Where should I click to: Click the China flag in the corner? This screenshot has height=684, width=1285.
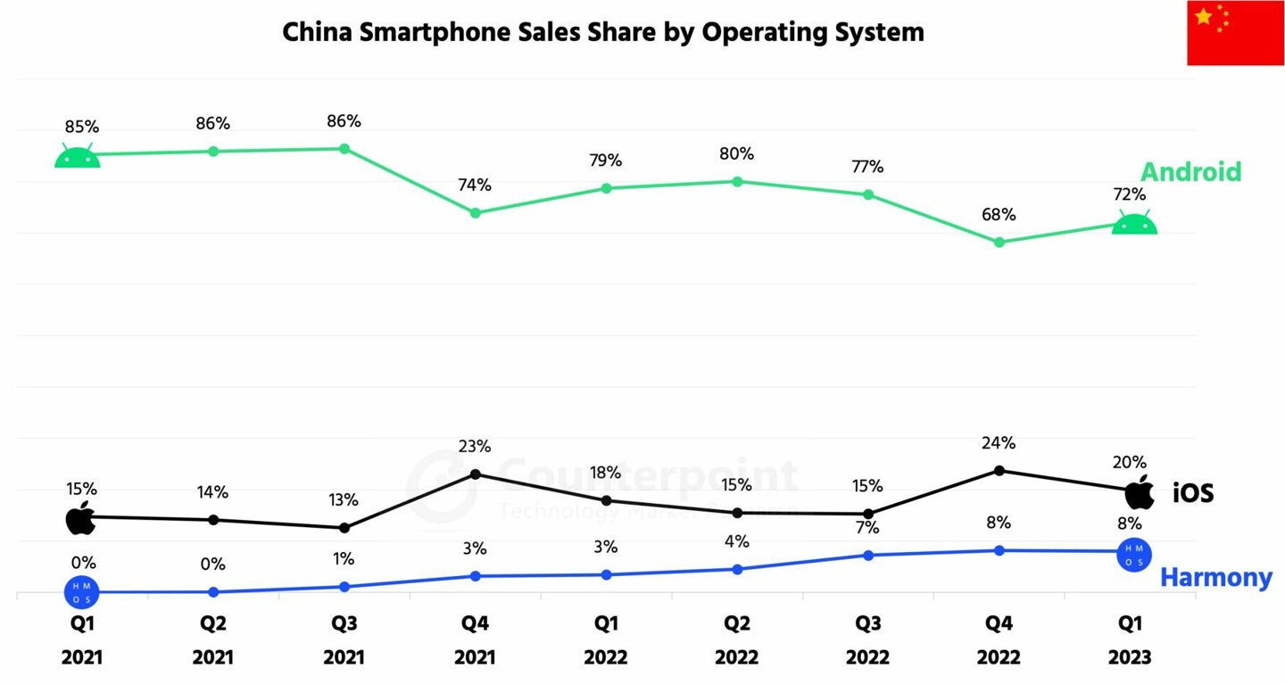point(1235,33)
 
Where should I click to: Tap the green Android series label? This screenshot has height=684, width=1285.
point(1190,171)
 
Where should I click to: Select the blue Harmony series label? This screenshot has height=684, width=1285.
point(1215,578)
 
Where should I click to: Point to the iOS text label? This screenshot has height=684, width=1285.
point(1193,492)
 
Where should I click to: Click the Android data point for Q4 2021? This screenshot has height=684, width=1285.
point(476,213)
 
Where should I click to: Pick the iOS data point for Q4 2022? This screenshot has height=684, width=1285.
point(999,470)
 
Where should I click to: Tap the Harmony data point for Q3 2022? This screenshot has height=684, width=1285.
point(867,555)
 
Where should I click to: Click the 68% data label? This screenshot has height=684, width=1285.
point(999,215)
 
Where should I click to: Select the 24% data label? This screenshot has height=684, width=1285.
point(999,443)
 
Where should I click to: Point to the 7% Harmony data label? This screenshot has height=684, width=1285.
point(867,528)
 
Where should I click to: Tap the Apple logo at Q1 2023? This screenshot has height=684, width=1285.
point(1139,492)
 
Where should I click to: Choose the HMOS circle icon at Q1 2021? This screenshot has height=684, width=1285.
point(81,591)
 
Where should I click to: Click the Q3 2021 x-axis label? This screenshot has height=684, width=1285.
point(344,639)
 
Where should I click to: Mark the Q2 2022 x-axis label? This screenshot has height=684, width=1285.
point(736,639)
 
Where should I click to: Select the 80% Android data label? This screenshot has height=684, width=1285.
point(737,153)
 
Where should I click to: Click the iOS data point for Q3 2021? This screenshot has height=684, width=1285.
point(344,528)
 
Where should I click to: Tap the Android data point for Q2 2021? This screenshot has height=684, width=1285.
point(213,152)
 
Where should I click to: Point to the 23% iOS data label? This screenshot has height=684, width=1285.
point(475,447)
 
